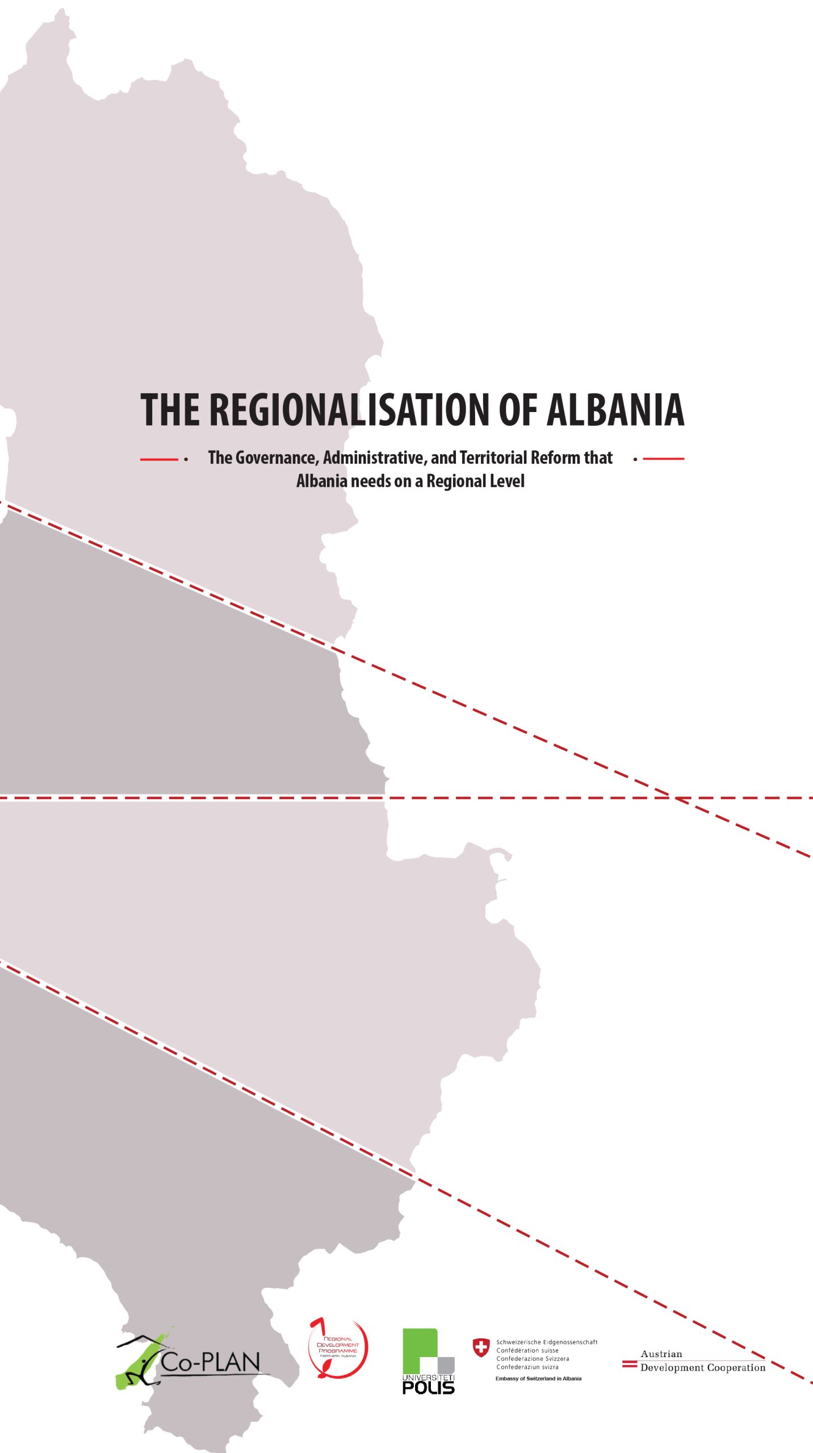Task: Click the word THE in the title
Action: pyautogui.click(x=170, y=409)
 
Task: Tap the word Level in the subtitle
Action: pyautogui.click(x=508, y=481)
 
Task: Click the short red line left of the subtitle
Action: pyautogui.click(x=159, y=459)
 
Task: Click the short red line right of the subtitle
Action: pyautogui.click(x=663, y=458)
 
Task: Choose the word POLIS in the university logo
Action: pyautogui.click(x=428, y=1387)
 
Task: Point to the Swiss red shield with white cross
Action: pyautogui.click(x=481, y=1348)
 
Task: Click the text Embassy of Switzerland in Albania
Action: pyautogui.click(x=538, y=1379)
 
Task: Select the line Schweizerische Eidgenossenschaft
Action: pyautogui.click(x=547, y=1342)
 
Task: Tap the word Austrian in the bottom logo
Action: pyautogui.click(x=661, y=1354)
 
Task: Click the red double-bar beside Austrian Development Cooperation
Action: pyautogui.click(x=630, y=1364)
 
